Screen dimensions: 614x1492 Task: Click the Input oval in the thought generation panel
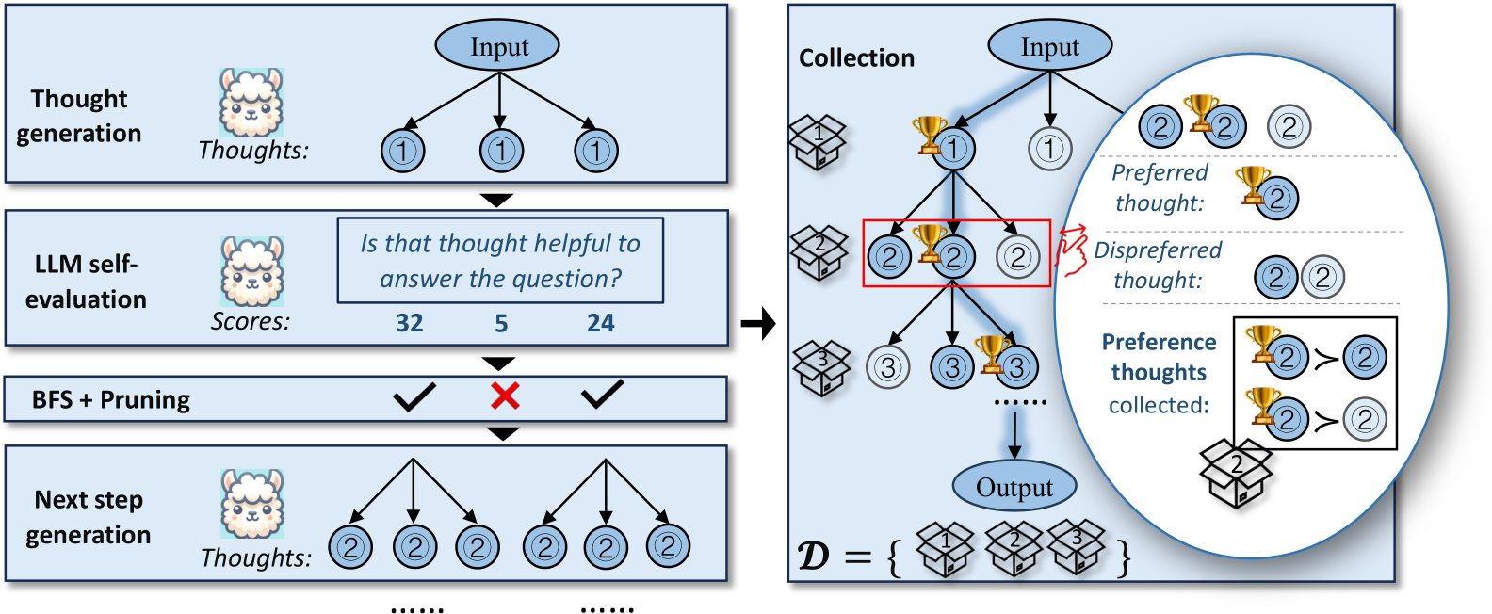point(497,45)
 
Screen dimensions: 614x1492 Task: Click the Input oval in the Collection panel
point(1049,45)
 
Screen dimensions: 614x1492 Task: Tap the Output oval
point(1014,487)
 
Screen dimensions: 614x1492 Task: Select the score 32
point(409,323)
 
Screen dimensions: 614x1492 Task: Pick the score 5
point(501,323)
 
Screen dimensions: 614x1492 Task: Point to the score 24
point(600,323)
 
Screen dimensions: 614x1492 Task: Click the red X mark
point(505,396)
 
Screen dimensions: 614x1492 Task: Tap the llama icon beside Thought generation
point(251,102)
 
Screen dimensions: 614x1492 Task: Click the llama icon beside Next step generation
point(251,504)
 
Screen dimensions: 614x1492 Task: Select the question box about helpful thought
point(500,261)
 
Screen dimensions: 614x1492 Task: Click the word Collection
point(856,58)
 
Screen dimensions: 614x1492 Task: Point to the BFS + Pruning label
point(111,400)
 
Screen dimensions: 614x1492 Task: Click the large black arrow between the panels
point(757,325)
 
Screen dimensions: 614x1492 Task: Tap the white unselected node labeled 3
point(887,367)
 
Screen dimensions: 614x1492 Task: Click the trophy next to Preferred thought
point(1253,184)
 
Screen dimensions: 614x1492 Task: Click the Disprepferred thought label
point(1158,265)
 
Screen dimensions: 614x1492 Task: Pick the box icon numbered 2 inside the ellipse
point(1236,472)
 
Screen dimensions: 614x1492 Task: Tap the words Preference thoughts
point(1159,357)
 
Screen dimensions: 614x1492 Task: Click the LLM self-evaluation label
point(86,282)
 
